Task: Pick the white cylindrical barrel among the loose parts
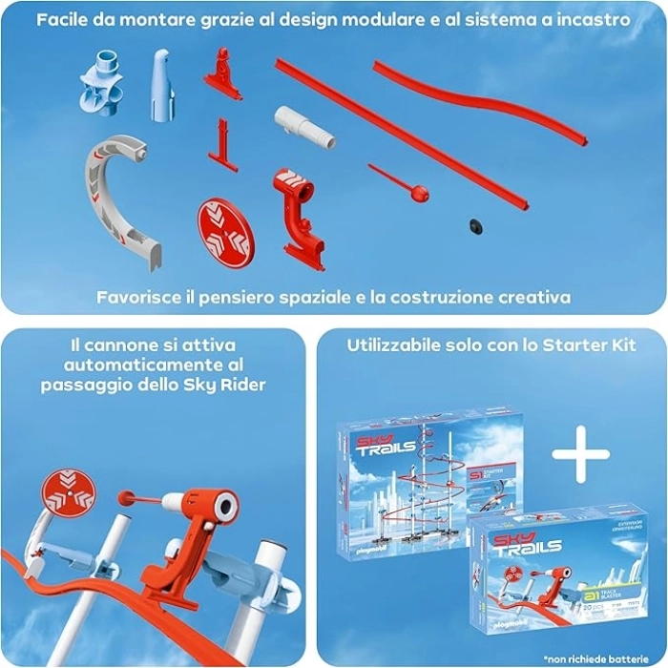pos(304,128)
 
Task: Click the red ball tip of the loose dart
pos(419,195)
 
